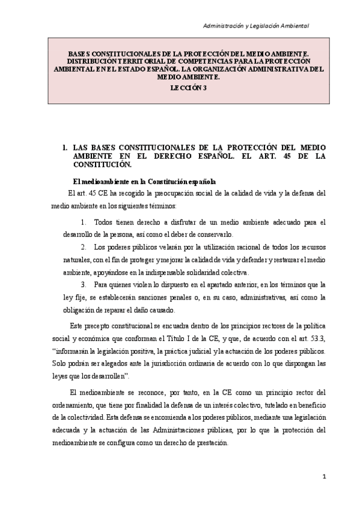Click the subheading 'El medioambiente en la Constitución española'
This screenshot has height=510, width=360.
tap(144, 181)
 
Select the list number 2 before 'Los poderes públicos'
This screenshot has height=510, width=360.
tap(82, 247)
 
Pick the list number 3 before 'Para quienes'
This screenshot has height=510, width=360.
tap(82, 284)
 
